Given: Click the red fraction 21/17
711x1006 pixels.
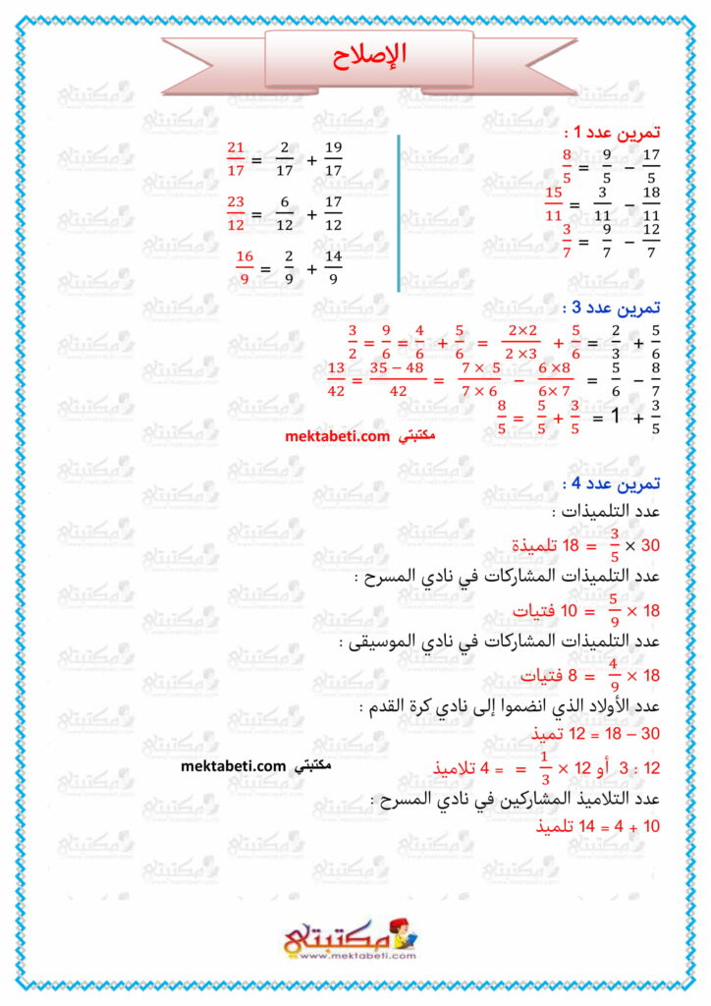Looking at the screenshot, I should pyautogui.click(x=235, y=158).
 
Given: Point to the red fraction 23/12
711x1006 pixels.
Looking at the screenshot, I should pyautogui.click(x=235, y=214).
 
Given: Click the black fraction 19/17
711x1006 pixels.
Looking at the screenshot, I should pyautogui.click(x=333, y=158).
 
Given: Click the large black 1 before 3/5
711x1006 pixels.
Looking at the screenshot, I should pyautogui.click(x=616, y=416).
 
